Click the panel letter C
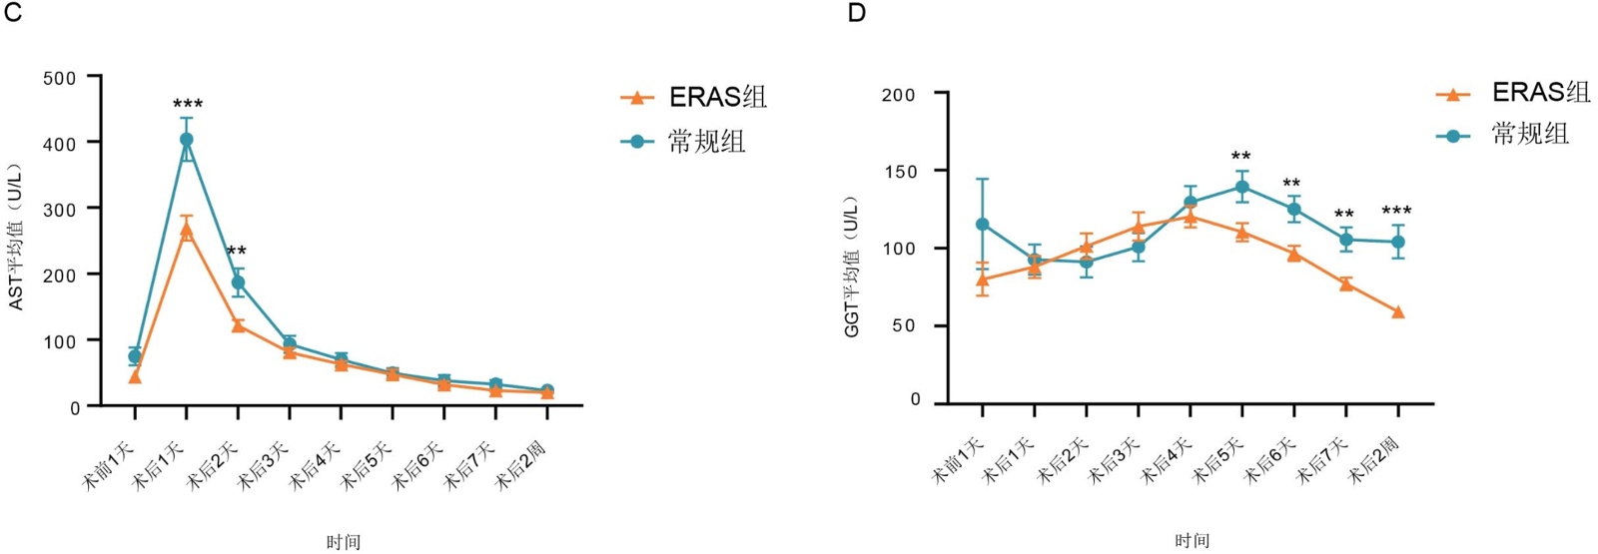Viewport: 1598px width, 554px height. pos(12,13)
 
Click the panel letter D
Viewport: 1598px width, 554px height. pos(856,13)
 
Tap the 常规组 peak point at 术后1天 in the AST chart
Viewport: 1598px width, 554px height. pos(187,140)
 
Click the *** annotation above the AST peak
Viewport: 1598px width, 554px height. pos(188,105)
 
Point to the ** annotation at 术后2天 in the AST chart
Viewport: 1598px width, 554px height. pos(237,252)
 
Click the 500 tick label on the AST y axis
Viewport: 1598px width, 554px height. pos(60,78)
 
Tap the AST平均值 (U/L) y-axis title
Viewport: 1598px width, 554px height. pos(16,238)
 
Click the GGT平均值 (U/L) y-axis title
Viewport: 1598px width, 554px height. pos(852,267)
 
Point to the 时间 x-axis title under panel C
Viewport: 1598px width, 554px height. pos(343,542)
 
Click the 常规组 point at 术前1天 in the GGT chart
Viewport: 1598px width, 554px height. pos(983,225)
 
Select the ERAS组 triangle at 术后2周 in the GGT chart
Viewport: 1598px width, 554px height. pos(1398,312)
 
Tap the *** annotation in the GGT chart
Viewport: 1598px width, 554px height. pos(1396,212)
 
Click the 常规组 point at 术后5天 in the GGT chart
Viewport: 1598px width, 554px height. pos(1242,187)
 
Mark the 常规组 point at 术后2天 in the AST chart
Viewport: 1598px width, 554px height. pos(238,282)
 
